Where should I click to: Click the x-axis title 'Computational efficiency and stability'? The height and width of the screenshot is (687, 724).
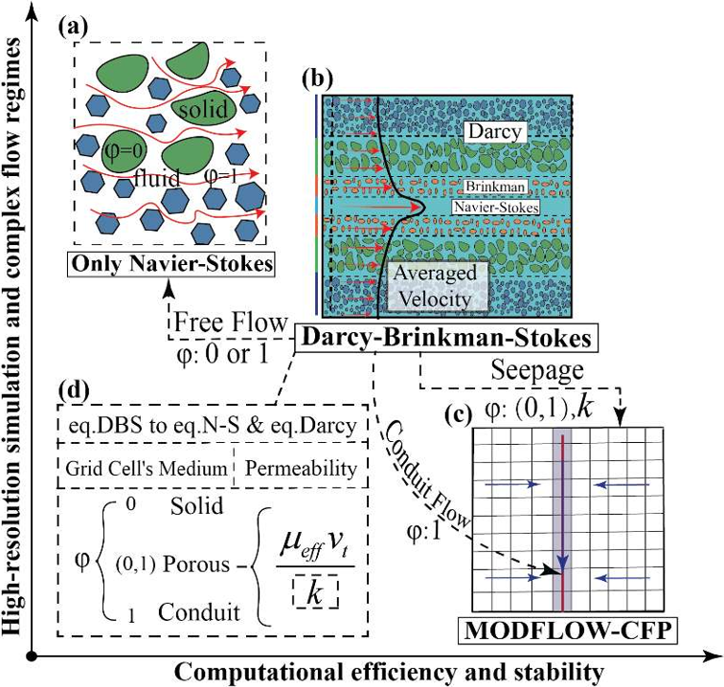coord(378,672)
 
